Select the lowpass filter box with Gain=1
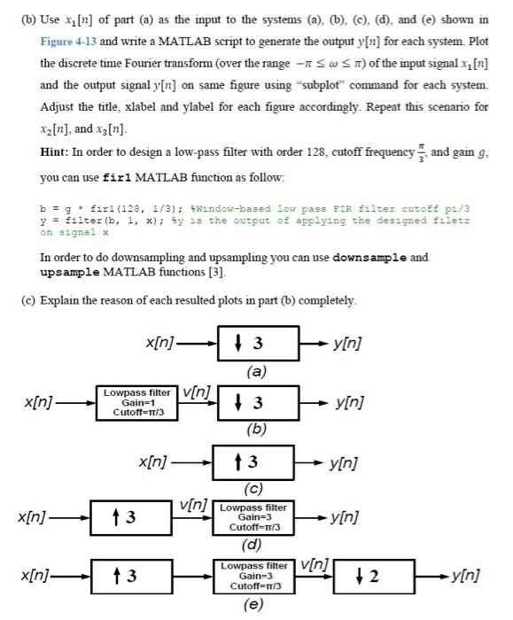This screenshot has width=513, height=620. pos(137,401)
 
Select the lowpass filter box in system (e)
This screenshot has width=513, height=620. pos(253,576)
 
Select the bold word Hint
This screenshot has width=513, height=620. pos(57,151)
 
